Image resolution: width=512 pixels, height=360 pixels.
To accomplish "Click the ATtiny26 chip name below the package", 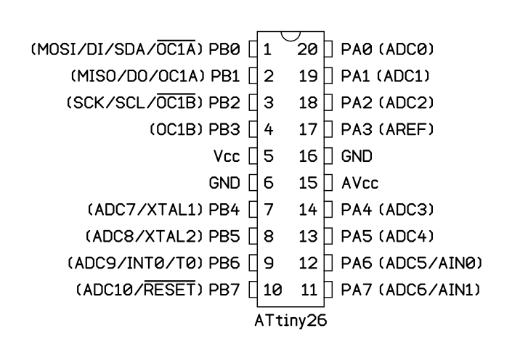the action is click(290, 321).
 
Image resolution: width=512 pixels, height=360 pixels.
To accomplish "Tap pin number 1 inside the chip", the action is click(267, 49).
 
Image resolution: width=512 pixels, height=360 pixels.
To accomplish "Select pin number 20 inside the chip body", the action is click(307, 49).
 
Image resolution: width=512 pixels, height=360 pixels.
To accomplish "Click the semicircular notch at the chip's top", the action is click(290, 39).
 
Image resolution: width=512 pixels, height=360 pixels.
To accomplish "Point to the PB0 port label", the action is click(224, 49).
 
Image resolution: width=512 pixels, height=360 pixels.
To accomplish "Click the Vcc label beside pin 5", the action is click(227, 156).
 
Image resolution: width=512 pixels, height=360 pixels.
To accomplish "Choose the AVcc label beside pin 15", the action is click(359, 183).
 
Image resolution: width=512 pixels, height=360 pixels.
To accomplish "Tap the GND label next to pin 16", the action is click(357, 156).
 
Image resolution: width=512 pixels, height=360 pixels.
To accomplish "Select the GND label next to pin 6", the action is click(224, 183).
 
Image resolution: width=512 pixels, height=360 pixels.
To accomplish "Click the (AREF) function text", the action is click(406, 129).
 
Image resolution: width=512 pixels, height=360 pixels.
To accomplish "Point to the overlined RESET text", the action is click(170, 289).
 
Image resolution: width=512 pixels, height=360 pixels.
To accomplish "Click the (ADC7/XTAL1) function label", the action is click(145, 210).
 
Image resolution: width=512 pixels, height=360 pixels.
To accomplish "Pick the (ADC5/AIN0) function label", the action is click(431, 263).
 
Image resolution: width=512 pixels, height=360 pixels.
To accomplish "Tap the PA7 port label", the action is click(357, 290).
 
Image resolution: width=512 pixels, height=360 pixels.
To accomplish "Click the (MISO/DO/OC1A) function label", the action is click(138, 76).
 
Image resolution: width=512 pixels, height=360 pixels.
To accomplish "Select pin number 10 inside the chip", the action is click(272, 290).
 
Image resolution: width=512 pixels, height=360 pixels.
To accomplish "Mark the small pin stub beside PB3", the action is click(253, 129).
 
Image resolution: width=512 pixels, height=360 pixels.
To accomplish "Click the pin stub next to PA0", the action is click(328, 49).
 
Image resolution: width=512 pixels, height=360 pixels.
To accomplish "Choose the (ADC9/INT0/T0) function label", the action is click(136, 263).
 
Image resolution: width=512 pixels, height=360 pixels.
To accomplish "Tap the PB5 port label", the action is click(224, 236).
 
